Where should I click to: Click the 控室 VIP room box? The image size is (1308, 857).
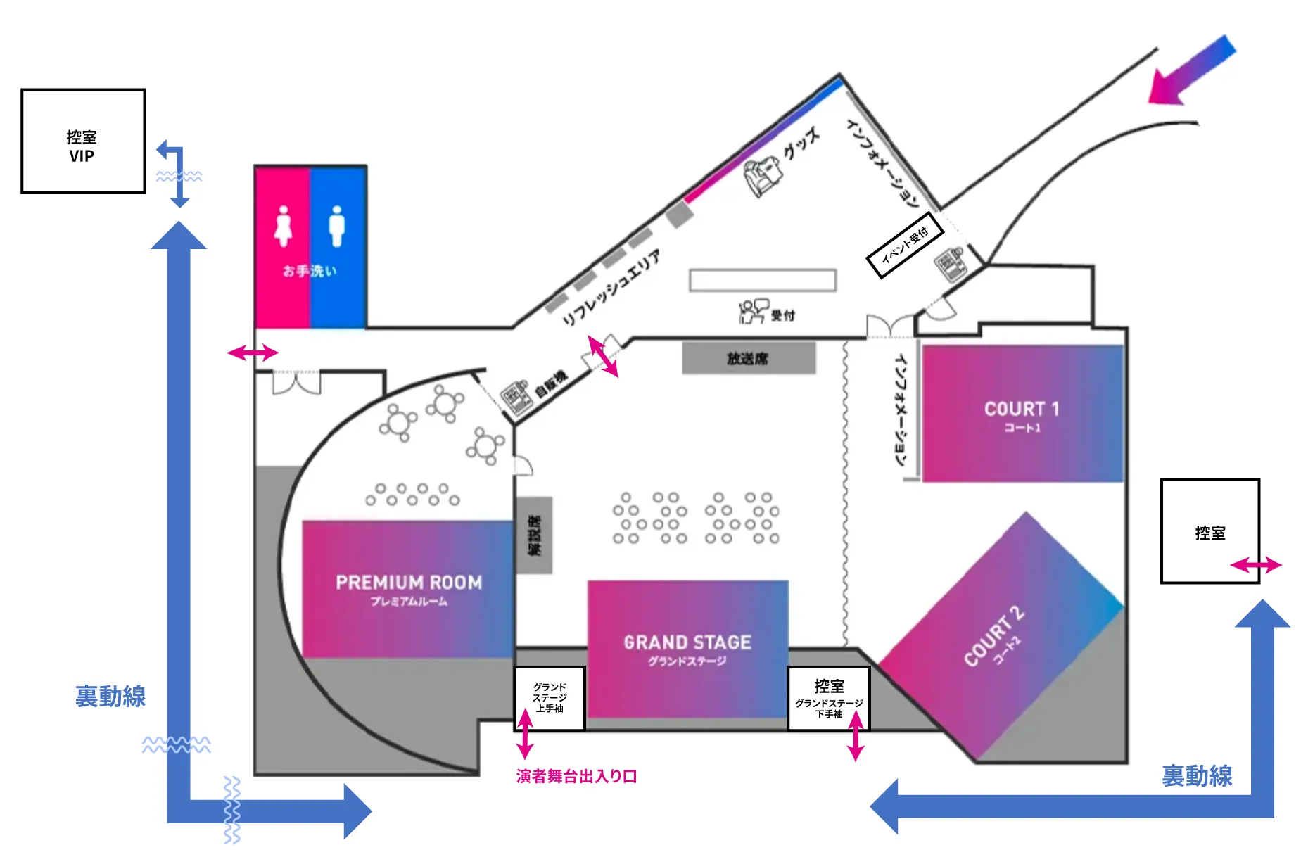click(83, 141)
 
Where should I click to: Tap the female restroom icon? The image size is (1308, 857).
click(284, 226)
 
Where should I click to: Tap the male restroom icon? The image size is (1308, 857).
click(337, 226)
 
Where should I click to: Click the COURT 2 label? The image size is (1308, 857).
click(993, 636)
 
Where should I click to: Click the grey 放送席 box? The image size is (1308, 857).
click(749, 358)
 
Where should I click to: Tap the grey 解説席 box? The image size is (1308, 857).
click(535, 535)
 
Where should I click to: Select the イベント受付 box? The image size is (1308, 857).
click(905, 245)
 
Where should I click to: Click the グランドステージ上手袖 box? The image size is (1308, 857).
click(550, 699)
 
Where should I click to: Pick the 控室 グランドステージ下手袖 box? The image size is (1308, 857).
click(829, 699)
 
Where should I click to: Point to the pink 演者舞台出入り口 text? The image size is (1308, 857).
click(576, 776)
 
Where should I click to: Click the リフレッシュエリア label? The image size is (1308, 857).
click(611, 288)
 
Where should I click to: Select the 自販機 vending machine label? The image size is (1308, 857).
click(551, 384)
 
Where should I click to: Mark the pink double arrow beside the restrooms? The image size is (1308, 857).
click(253, 353)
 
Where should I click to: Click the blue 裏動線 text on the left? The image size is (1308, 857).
click(110, 697)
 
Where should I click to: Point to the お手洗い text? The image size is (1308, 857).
click(310, 271)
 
